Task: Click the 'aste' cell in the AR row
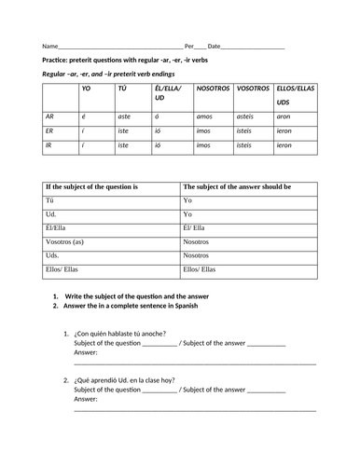125,116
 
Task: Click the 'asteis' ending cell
245,116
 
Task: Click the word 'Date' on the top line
215,46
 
